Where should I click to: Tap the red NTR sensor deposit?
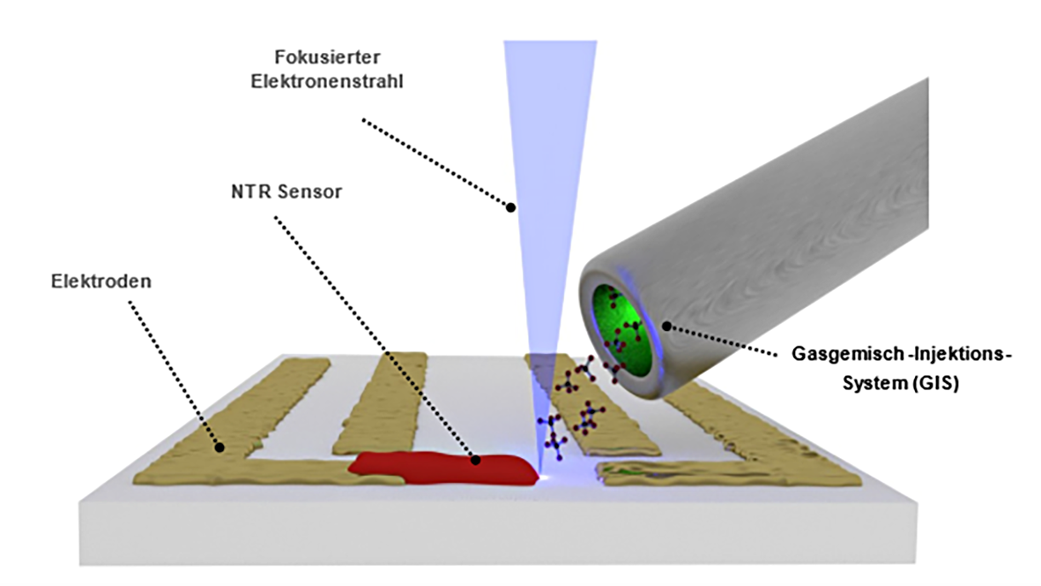point(441,468)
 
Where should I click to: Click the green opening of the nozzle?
point(627,330)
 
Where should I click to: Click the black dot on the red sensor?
point(475,459)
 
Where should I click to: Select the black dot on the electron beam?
point(509,207)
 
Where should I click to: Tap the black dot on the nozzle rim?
point(666,326)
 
